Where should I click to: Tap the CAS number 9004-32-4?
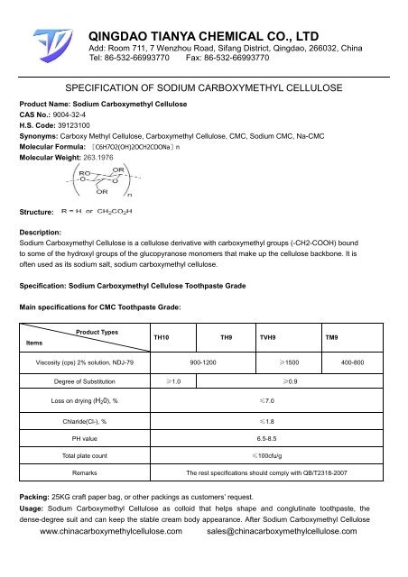[x=72, y=131]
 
